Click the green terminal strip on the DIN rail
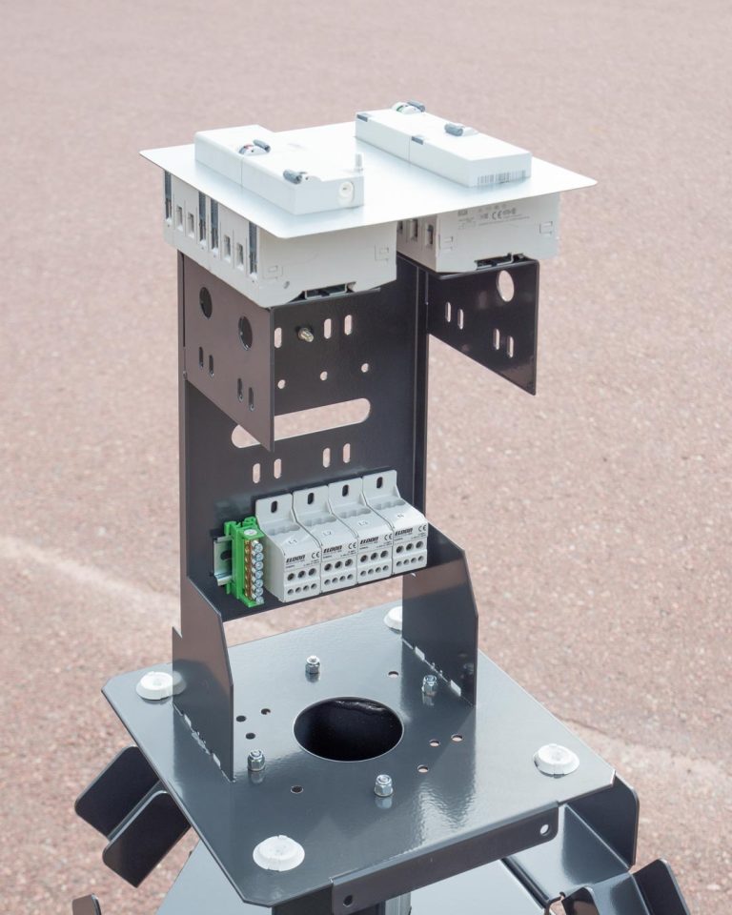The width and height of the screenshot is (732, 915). [x=247, y=561]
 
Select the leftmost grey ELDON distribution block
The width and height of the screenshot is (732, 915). [x=290, y=553]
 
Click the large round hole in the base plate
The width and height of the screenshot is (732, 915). [x=348, y=729]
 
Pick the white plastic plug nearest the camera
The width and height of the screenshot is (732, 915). [x=278, y=851]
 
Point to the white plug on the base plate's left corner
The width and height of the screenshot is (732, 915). [x=156, y=683]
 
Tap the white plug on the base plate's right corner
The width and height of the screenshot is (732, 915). [x=556, y=760]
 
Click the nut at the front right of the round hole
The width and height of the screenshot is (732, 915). [x=383, y=785]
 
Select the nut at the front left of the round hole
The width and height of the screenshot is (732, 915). [x=256, y=760]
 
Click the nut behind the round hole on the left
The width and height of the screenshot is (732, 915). [x=313, y=664]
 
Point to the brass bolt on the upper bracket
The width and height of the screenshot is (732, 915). [x=304, y=334]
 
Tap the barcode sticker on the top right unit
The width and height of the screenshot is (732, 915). [x=499, y=178]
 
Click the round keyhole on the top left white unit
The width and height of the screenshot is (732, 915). [x=346, y=192]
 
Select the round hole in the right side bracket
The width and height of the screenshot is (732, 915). [x=505, y=286]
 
